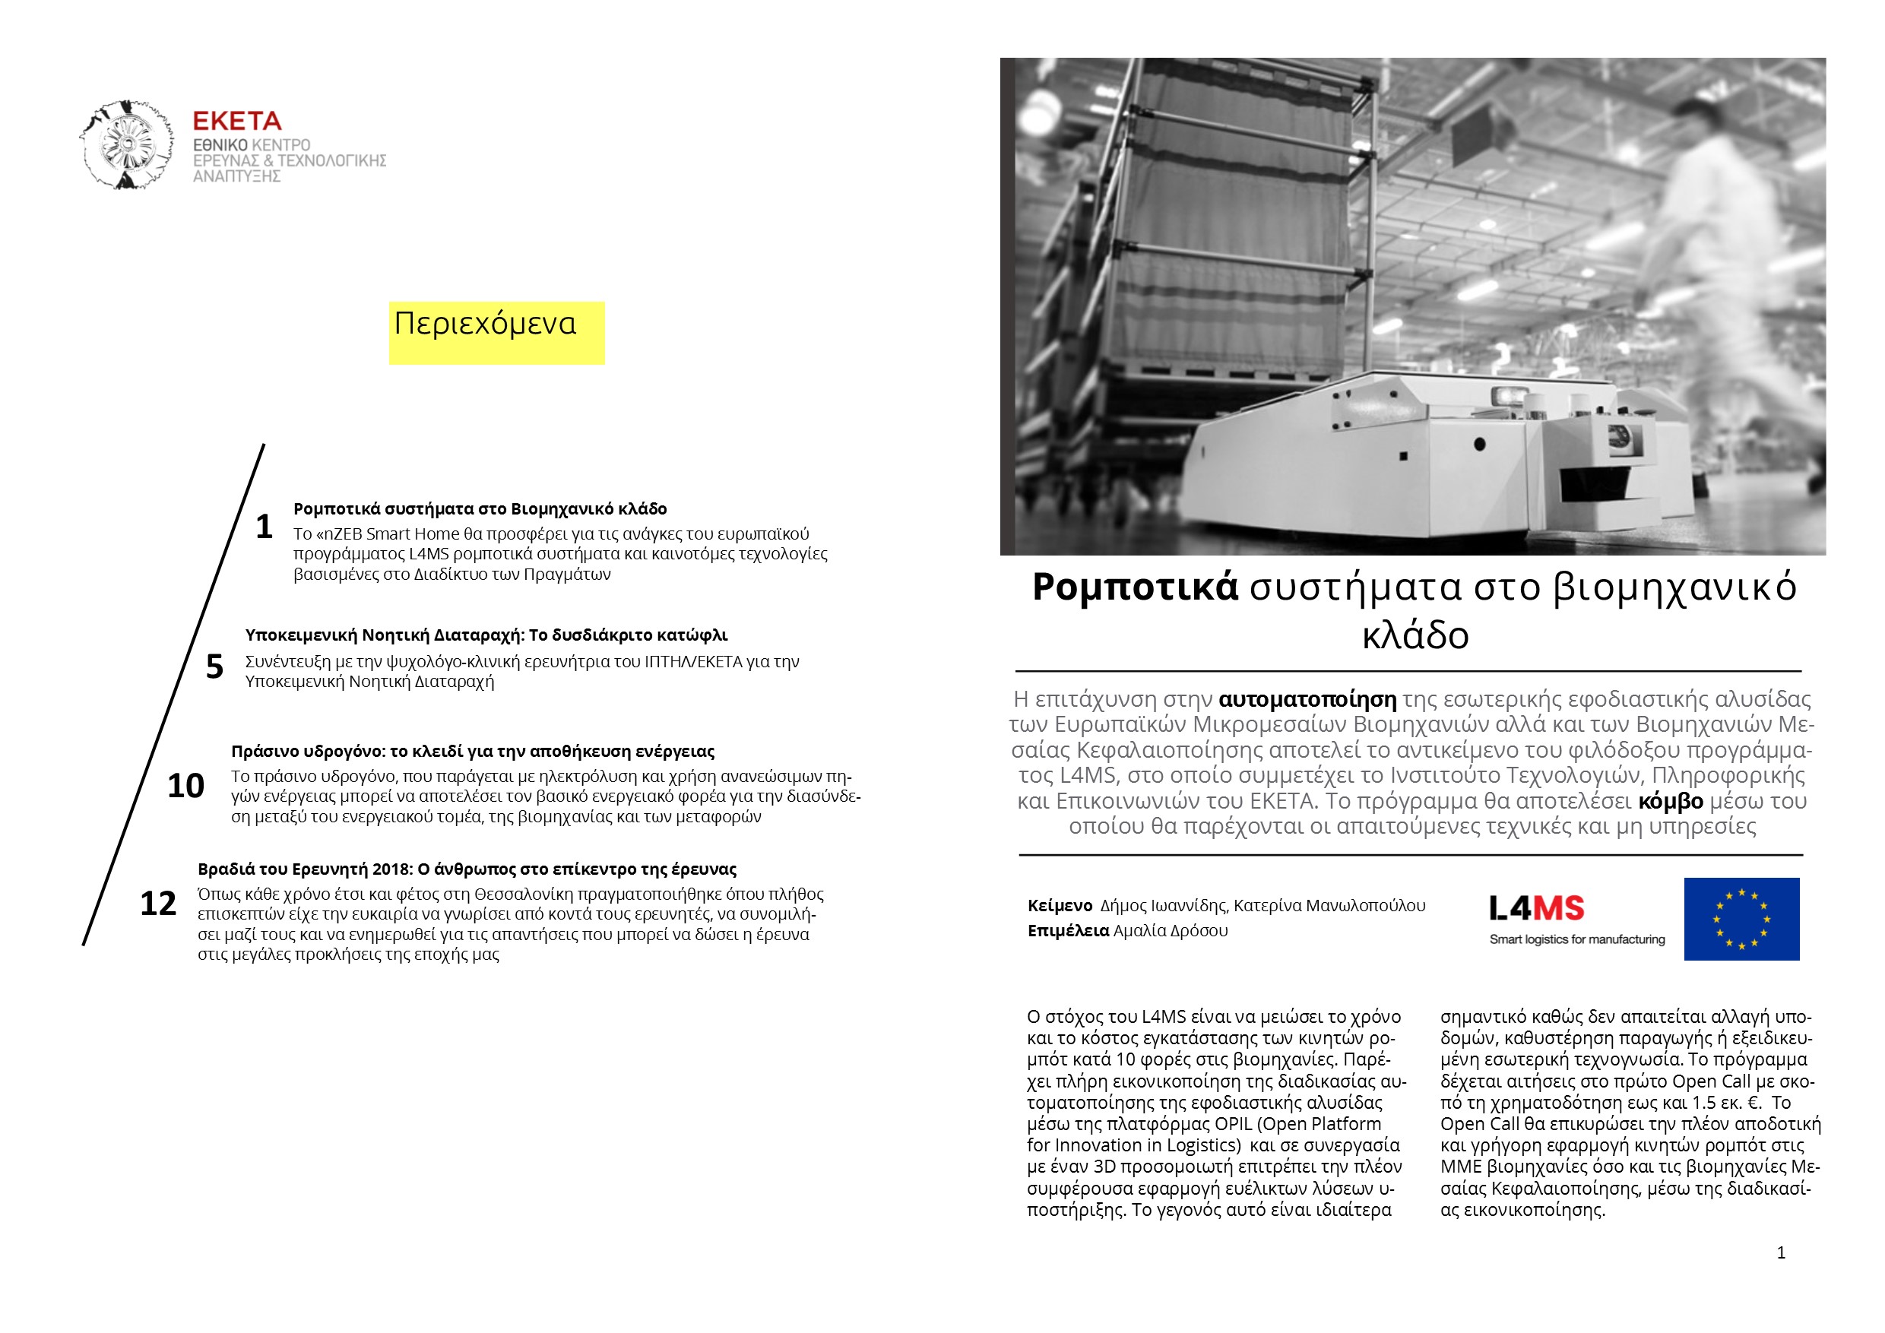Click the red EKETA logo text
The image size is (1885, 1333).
236,122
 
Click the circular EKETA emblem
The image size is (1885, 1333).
127,145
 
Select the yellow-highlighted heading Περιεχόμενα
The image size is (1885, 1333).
485,325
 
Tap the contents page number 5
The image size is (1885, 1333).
214,666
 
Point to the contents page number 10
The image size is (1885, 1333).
185,786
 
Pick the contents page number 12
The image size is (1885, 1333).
157,904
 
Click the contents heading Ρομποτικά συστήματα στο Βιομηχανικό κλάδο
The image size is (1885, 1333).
480,509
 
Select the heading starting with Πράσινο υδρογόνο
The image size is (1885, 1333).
472,751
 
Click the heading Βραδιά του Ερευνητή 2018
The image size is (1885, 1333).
467,869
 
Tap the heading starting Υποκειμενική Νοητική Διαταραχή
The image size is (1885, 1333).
486,635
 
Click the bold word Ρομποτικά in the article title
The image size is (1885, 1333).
1135,587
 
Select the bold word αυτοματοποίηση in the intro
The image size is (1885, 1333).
1307,699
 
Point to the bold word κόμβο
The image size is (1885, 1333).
1670,801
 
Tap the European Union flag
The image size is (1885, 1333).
1741,920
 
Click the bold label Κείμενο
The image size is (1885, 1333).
1060,905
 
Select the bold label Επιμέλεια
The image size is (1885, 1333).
1068,931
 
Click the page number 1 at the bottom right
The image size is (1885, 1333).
1781,1252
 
